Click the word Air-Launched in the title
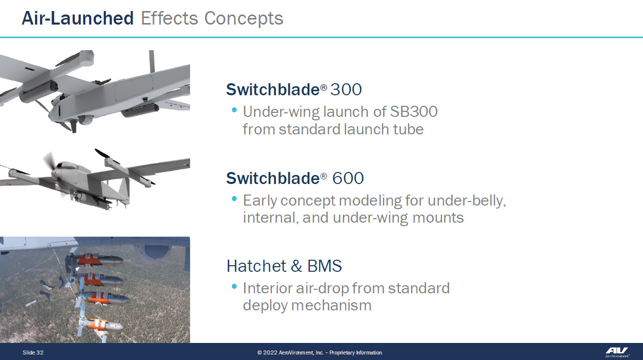tap(78, 18)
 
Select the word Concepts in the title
tap(244, 19)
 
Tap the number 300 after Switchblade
tap(346, 89)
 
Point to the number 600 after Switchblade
tap(348, 178)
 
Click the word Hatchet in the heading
tap(256, 266)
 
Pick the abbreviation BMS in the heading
tap(325, 266)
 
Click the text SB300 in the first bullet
tap(414, 112)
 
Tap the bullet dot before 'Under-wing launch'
tap(234, 110)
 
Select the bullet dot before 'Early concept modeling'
tap(234, 199)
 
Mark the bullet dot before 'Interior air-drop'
tap(234, 286)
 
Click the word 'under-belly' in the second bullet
tap(467, 201)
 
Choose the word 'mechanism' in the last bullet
tap(331, 305)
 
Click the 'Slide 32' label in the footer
tap(33, 352)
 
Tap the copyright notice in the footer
tap(319, 352)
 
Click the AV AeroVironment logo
tap(617, 352)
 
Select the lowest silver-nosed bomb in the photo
tap(105, 325)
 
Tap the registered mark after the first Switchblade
tap(324, 87)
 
